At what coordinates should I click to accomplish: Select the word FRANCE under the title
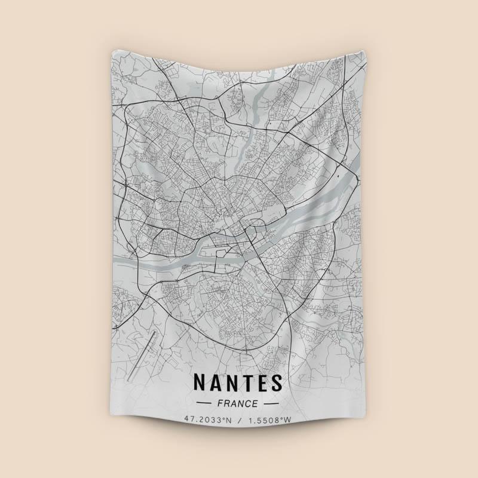click(x=239, y=404)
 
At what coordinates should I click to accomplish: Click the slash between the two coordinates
click(x=240, y=420)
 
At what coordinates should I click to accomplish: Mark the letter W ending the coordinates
click(x=288, y=420)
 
